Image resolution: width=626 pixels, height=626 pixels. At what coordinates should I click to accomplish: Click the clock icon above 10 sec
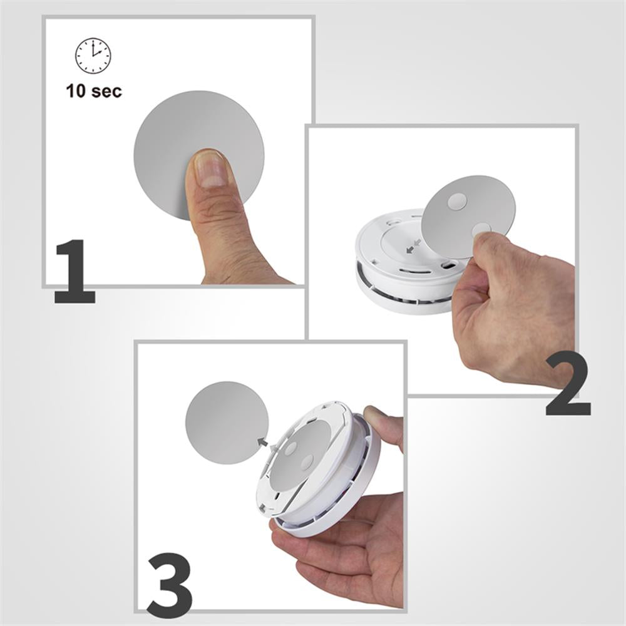coord(93,56)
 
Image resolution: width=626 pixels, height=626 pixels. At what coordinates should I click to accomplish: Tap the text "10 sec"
coord(94,91)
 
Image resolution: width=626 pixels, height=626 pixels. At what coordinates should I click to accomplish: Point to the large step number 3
coord(168,579)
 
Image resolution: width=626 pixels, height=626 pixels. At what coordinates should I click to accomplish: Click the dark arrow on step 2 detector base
coord(410,249)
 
